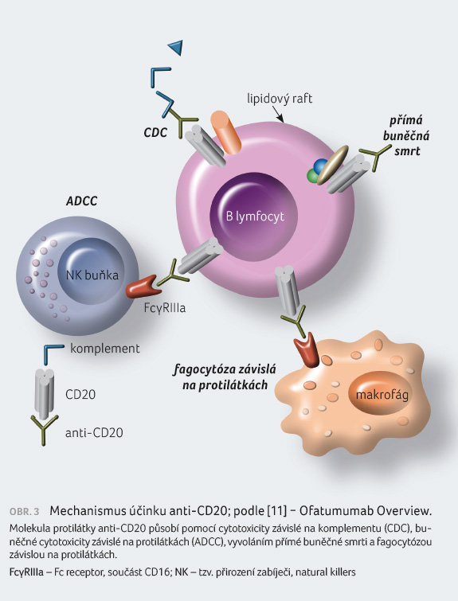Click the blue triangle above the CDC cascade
pyautogui.click(x=176, y=47)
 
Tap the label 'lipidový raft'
pyautogui.click(x=280, y=99)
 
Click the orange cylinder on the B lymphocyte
pyautogui.click(x=226, y=132)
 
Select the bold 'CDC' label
pyautogui.click(x=155, y=132)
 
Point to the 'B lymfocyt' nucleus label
pyautogui.click(x=255, y=217)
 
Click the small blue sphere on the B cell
pyautogui.click(x=320, y=166)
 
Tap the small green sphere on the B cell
pyautogui.click(x=313, y=176)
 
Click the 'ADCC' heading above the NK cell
pyautogui.click(x=82, y=201)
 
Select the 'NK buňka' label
pyautogui.click(x=92, y=275)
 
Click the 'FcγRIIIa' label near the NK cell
pyautogui.click(x=165, y=307)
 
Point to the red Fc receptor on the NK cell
pyautogui.click(x=143, y=287)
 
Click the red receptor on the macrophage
pyautogui.click(x=307, y=349)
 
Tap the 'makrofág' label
pyautogui.click(x=382, y=394)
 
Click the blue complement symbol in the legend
pyautogui.click(x=53, y=353)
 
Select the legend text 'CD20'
pyautogui.click(x=80, y=394)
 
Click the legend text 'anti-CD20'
pyautogui.click(x=94, y=433)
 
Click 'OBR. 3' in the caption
pyautogui.click(x=24, y=512)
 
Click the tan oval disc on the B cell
pyautogui.click(x=333, y=165)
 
